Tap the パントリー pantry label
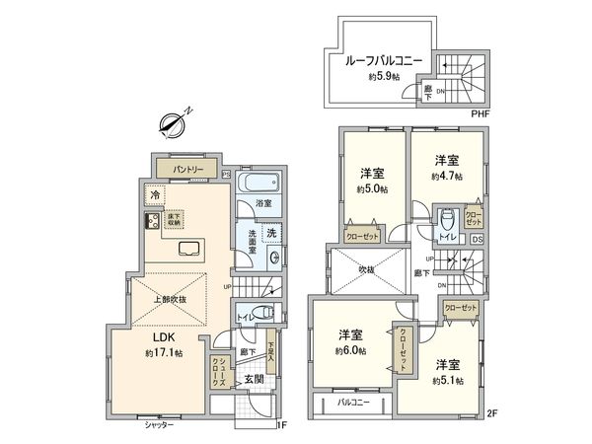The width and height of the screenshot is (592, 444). point(187,170)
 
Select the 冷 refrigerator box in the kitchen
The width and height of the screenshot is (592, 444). point(154,195)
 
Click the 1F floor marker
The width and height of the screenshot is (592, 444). point(279,424)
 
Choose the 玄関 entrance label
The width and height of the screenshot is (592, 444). point(253,379)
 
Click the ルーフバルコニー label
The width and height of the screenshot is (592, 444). point(383,61)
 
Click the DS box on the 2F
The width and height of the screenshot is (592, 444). point(477,239)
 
